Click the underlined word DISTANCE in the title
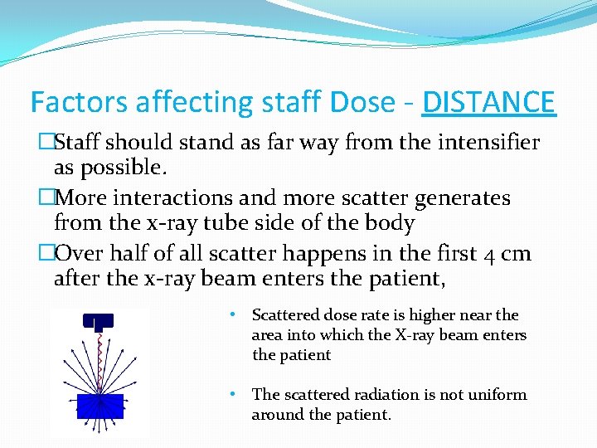click(488, 103)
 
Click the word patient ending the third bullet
click(411, 279)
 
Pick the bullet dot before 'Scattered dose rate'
click(235, 315)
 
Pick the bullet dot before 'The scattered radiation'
click(235, 395)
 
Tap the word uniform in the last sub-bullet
click(496, 395)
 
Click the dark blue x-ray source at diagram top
click(98, 320)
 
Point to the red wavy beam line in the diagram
click(99, 357)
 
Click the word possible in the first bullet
click(126, 168)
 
